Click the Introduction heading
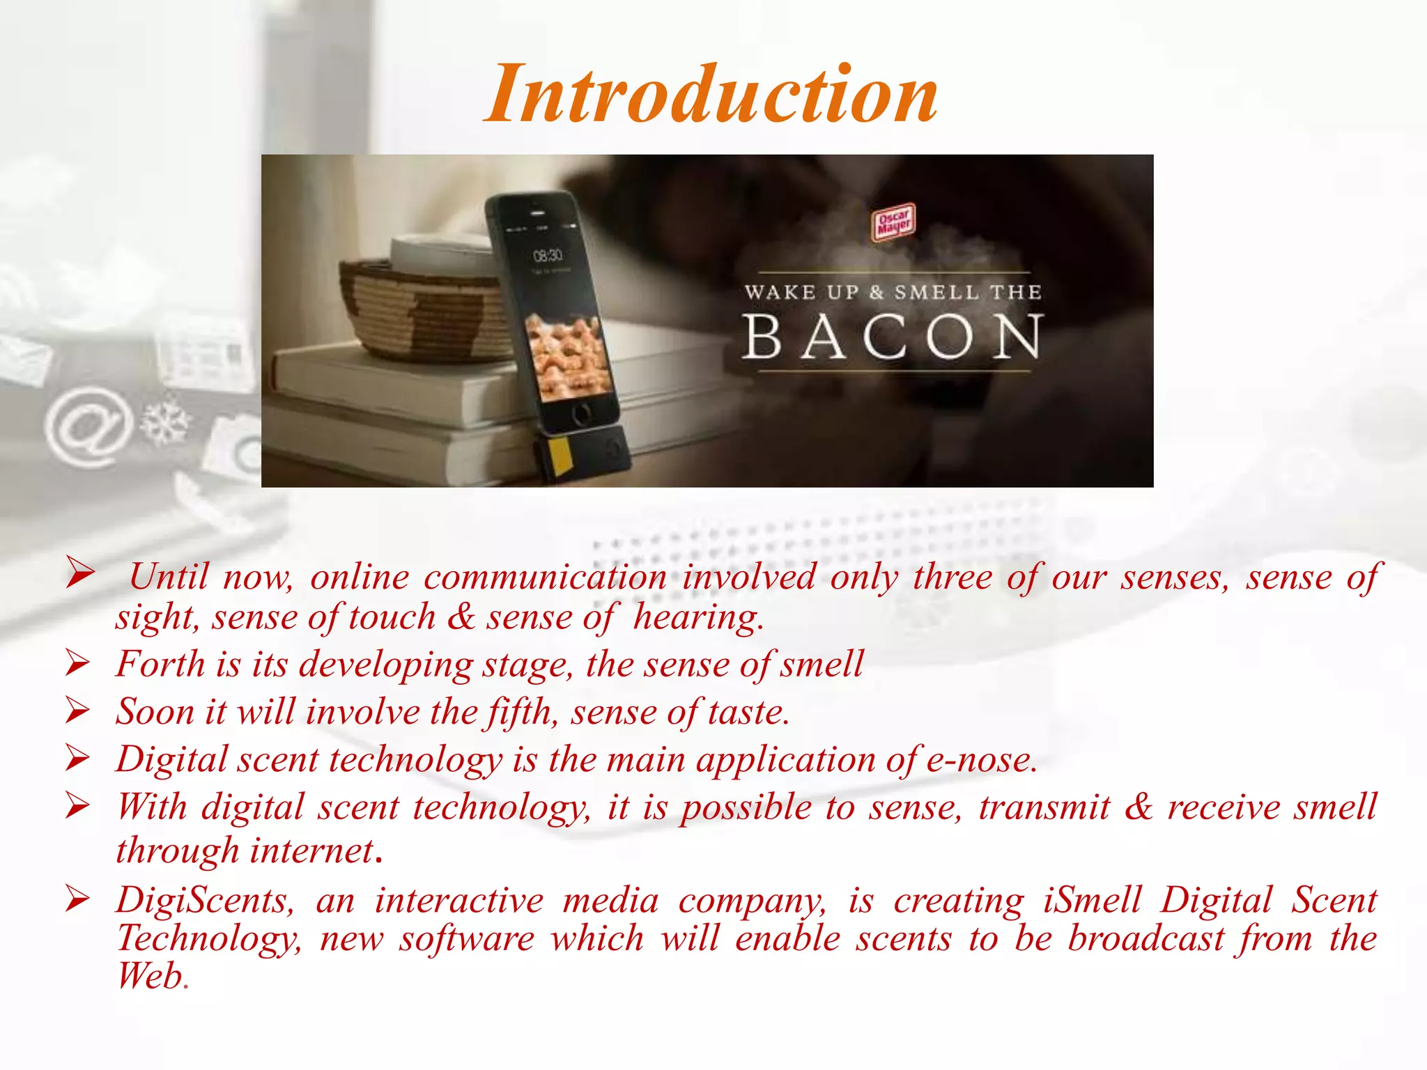(x=711, y=95)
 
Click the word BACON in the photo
(x=893, y=337)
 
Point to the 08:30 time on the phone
(x=548, y=256)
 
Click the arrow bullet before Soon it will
(x=78, y=711)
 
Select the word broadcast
(x=1146, y=938)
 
